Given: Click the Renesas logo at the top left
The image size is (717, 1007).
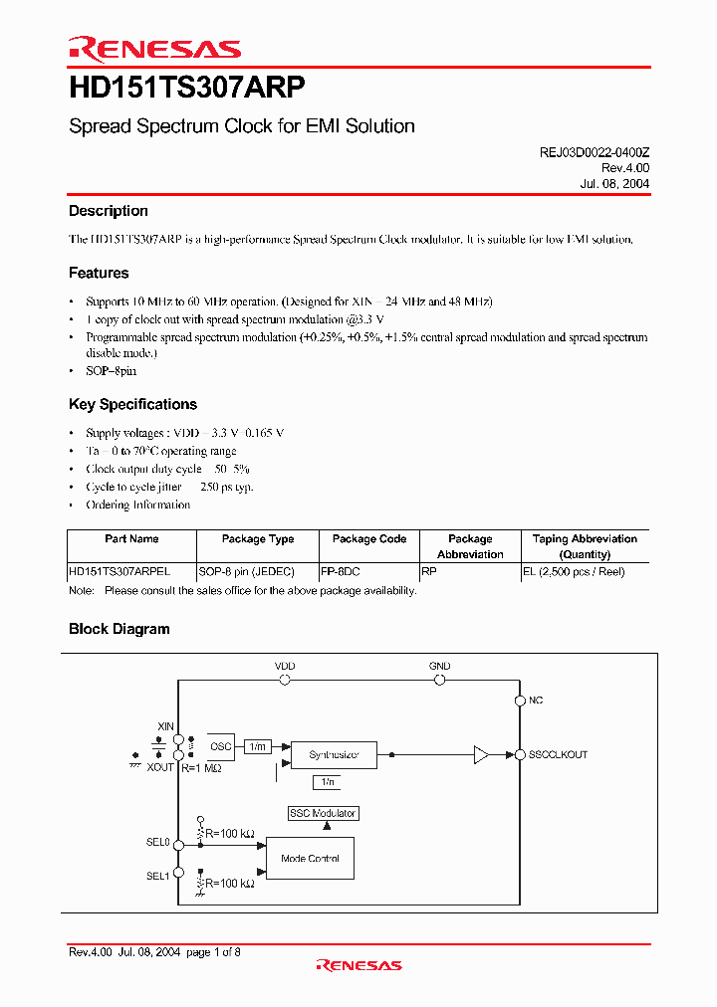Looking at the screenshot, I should tap(154, 49).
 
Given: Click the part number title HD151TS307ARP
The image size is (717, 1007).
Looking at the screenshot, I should tap(180, 89).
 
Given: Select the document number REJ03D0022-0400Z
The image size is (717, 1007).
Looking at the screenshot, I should tap(589, 153).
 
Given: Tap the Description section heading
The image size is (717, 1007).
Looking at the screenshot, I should tap(108, 211).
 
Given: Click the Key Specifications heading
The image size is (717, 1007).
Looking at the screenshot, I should tap(132, 404).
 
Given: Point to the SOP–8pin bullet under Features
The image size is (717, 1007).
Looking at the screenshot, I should tap(111, 371).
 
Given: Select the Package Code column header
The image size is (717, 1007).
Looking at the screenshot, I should tap(368, 539).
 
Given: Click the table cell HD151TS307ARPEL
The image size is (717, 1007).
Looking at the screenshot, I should tap(119, 573).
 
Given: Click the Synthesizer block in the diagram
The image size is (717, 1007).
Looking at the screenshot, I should tap(335, 755).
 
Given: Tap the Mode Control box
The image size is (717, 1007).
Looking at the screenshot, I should tap(310, 859).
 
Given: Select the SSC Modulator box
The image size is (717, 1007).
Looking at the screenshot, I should tap(322, 813).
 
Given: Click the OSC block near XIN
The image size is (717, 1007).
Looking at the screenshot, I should tap(221, 746).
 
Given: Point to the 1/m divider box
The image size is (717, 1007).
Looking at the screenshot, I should tap(257, 746).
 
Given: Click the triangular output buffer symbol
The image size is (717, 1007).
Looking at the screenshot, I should tap(481, 755).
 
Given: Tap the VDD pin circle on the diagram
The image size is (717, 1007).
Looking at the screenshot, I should tap(285, 681).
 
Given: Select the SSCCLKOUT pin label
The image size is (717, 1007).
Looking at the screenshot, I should tap(559, 755).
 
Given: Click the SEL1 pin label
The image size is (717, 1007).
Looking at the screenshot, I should tap(158, 876).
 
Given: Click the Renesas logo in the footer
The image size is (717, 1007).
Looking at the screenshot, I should tap(358, 965).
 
